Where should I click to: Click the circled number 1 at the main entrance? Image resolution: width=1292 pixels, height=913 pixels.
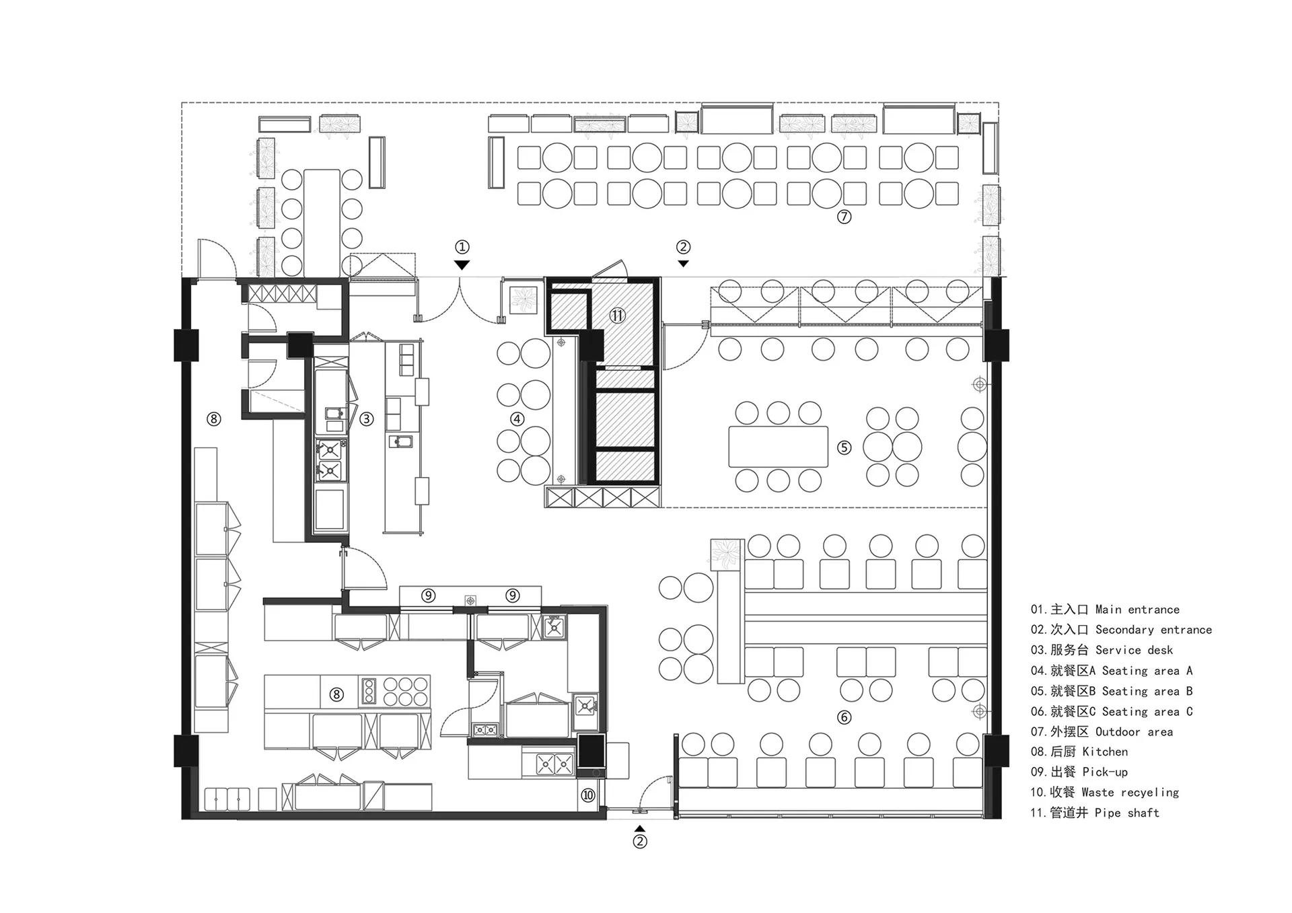[x=462, y=247]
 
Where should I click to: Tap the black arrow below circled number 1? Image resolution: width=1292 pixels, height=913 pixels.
[x=462, y=265]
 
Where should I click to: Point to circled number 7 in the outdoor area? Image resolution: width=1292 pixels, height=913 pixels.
[x=844, y=217]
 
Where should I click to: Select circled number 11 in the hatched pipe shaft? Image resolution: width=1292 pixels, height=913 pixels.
[x=617, y=315]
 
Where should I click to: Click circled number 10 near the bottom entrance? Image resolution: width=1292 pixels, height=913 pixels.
[x=588, y=795]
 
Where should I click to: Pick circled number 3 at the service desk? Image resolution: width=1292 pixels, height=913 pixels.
[x=366, y=419]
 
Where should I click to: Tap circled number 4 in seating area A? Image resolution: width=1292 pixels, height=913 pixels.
[x=517, y=419]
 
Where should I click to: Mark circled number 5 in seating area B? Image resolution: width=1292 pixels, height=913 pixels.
[x=844, y=447]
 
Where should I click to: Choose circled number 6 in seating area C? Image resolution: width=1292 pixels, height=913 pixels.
[x=844, y=717]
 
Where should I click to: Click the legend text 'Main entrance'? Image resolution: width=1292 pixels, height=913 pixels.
[x=1137, y=610]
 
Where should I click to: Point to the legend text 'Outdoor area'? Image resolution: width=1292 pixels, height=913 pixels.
[x=1134, y=731]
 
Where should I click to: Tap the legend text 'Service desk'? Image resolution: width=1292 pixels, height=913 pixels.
[x=1134, y=650]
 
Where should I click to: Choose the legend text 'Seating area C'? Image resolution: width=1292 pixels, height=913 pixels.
[x=1147, y=711]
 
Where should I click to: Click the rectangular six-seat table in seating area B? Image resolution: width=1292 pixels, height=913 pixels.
[x=778, y=447]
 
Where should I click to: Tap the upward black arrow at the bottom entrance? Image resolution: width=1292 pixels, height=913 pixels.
[x=640, y=829]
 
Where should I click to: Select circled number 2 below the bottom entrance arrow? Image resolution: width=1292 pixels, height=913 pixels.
[x=640, y=842]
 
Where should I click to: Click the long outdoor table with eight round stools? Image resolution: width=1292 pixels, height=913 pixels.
[x=322, y=223]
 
